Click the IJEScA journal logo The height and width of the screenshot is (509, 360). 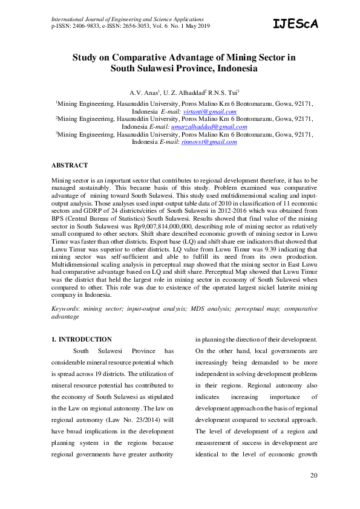pos(295,24)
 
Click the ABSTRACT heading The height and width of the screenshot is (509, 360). pos(70,165)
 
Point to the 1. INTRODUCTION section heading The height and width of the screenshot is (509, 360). pos(82,340)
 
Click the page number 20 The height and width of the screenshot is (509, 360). pos(313,475)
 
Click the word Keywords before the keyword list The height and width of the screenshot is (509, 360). pos(65,308)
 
